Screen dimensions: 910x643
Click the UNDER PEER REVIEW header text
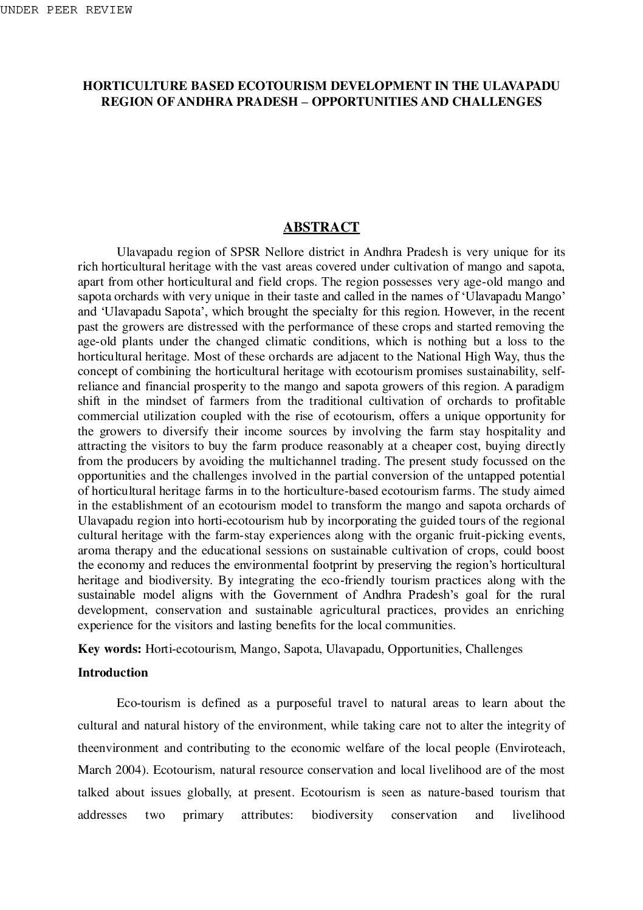(x=66, y=10)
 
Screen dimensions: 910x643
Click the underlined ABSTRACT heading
(x=321, y=227)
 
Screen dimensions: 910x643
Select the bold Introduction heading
(x=113, y=672)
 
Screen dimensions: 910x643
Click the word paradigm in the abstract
(x=542, y=386)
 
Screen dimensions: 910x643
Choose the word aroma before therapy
(x=93, y=550)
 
